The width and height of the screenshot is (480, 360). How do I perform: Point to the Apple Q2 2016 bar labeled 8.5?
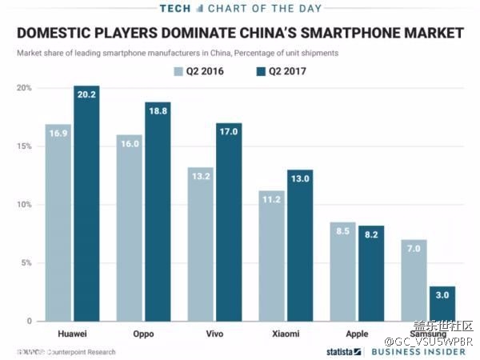[x=343, y=271]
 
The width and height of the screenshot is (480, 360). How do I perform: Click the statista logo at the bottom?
[x=343, y=351]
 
